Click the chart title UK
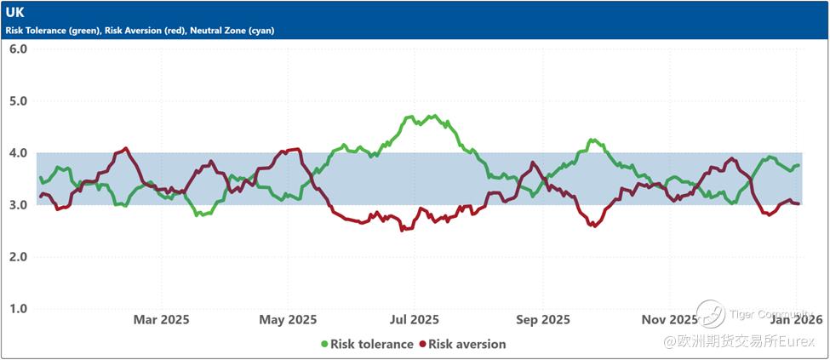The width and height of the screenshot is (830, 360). click(x=15, y=14)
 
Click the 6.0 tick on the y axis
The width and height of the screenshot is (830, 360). click(x=18, y=49)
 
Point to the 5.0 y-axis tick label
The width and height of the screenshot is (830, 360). click(x=18, y=100)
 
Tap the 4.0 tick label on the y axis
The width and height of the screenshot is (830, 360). click(x=18, y=153)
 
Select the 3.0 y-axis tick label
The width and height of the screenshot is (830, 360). click(x=18, y=205)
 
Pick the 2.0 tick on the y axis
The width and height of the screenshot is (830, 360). click(x=18, y=257)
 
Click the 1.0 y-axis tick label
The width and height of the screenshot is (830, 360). click(x=18, y=309)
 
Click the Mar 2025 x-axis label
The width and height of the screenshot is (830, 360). click(x=161, y=320)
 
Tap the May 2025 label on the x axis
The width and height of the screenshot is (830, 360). click(x=288, y=320)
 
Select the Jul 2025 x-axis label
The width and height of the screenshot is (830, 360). click(x=415, y=320)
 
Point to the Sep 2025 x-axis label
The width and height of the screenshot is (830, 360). click(x=543, y=320)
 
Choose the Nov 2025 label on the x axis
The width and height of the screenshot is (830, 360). click(x=669, y=320)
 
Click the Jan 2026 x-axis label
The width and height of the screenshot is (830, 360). click(x=797, y=320)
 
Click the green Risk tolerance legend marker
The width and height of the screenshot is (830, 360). click(x=324, y=345)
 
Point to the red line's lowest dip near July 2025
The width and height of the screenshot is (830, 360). click(x=402, y=230)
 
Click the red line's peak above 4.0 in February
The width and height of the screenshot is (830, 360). click(x=127, y=148)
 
